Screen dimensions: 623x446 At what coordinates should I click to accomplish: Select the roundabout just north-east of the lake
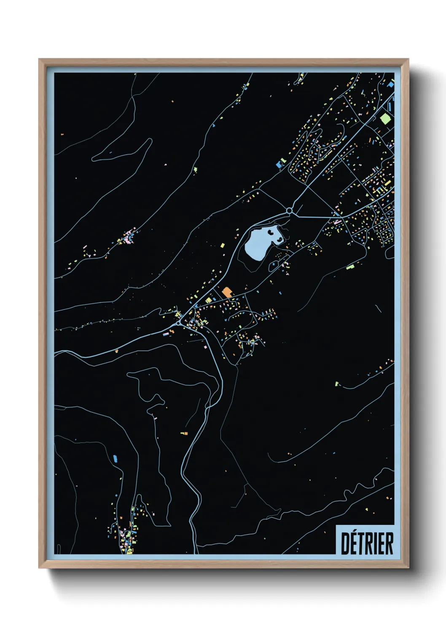point(289,210)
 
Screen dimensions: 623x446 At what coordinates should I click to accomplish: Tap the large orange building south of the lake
point(227,292)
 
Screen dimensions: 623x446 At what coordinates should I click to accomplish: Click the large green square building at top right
point(385,118)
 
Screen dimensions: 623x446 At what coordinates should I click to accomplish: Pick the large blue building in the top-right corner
point(391,85)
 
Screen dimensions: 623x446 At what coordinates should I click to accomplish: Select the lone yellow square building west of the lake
point(223,245)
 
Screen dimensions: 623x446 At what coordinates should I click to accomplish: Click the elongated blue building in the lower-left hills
point(115,458)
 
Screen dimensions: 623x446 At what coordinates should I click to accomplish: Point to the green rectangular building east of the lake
point(350,266)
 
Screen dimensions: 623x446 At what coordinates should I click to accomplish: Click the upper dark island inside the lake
point(270,232)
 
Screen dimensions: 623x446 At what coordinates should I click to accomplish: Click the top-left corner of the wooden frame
point(40,60)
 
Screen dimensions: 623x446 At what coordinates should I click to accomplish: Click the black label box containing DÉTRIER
point(365,540)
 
